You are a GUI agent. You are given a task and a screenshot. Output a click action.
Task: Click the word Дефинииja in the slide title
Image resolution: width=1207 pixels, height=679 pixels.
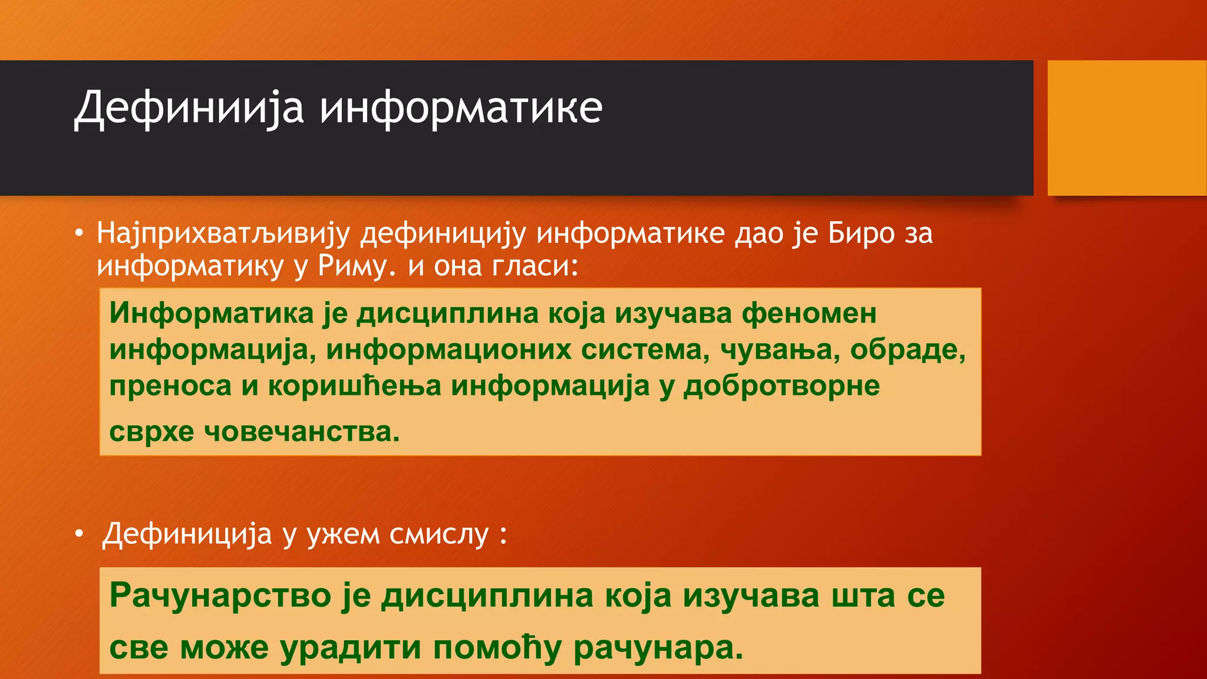coord(189,108)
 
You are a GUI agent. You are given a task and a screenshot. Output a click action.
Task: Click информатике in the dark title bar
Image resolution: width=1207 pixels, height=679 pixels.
coord(461,108)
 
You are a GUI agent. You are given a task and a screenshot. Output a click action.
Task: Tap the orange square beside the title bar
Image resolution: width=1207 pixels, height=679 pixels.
coord(1126,128)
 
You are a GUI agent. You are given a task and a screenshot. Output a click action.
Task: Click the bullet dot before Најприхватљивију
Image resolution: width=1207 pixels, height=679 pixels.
coord(79,233)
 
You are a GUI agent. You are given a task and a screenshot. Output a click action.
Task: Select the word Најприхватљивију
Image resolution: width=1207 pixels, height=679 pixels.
coord(223,233)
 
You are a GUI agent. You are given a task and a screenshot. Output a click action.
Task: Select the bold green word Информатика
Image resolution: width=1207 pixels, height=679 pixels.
coord(211,312)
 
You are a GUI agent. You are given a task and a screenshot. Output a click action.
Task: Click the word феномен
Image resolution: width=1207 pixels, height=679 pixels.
coord(809,312)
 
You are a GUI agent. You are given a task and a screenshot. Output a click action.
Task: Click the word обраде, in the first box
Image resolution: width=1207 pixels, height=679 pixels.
coord(908,350)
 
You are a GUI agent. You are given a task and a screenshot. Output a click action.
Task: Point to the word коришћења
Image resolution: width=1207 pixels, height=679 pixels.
coord(354,386)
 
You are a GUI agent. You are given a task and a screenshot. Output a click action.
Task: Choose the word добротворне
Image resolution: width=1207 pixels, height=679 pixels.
coord(781,386)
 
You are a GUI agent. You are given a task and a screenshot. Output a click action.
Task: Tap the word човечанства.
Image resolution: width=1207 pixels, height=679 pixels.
coord(302,431)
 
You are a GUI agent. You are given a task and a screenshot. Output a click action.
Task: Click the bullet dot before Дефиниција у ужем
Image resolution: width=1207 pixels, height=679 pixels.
coord(79,535)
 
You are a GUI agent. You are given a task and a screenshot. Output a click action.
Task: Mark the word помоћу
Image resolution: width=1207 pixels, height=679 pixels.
coord(497,647)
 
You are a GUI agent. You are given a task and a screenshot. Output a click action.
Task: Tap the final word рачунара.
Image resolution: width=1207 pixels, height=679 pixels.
coord(658,647)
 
